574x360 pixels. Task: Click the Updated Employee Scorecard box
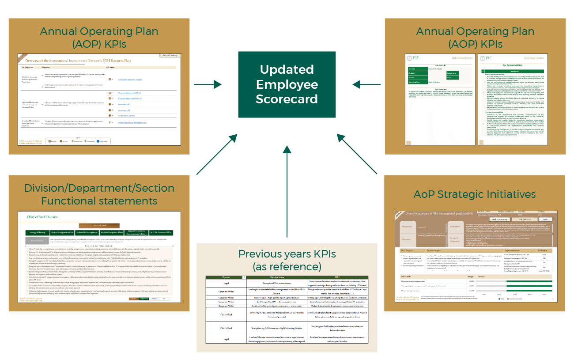tap(287, 84)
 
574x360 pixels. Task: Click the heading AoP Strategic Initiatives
tap(475, 194)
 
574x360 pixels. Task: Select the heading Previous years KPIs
tap(287, 260)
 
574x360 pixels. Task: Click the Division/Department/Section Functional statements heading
tap(99, 194)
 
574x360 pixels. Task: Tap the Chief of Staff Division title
tap(43, 217)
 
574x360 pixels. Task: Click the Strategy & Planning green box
tap(37, 232)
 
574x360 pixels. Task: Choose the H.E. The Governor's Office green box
tap(160, 232)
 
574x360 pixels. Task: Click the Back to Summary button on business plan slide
tap(170, 55)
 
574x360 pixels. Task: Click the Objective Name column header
tap(275, 278)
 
